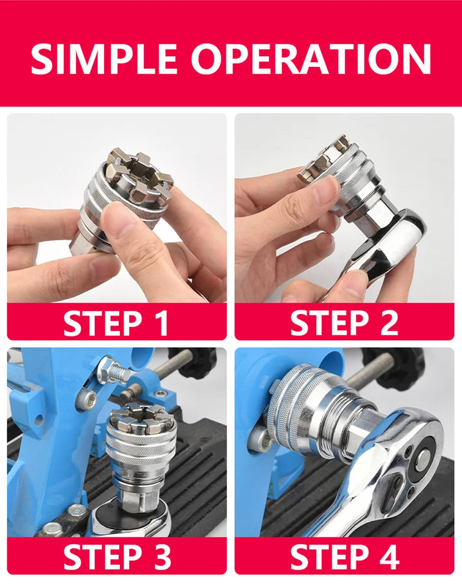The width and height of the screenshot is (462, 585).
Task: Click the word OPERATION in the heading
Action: [x=311, y=58]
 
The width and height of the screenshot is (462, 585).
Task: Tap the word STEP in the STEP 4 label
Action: [x=327, y=556]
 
